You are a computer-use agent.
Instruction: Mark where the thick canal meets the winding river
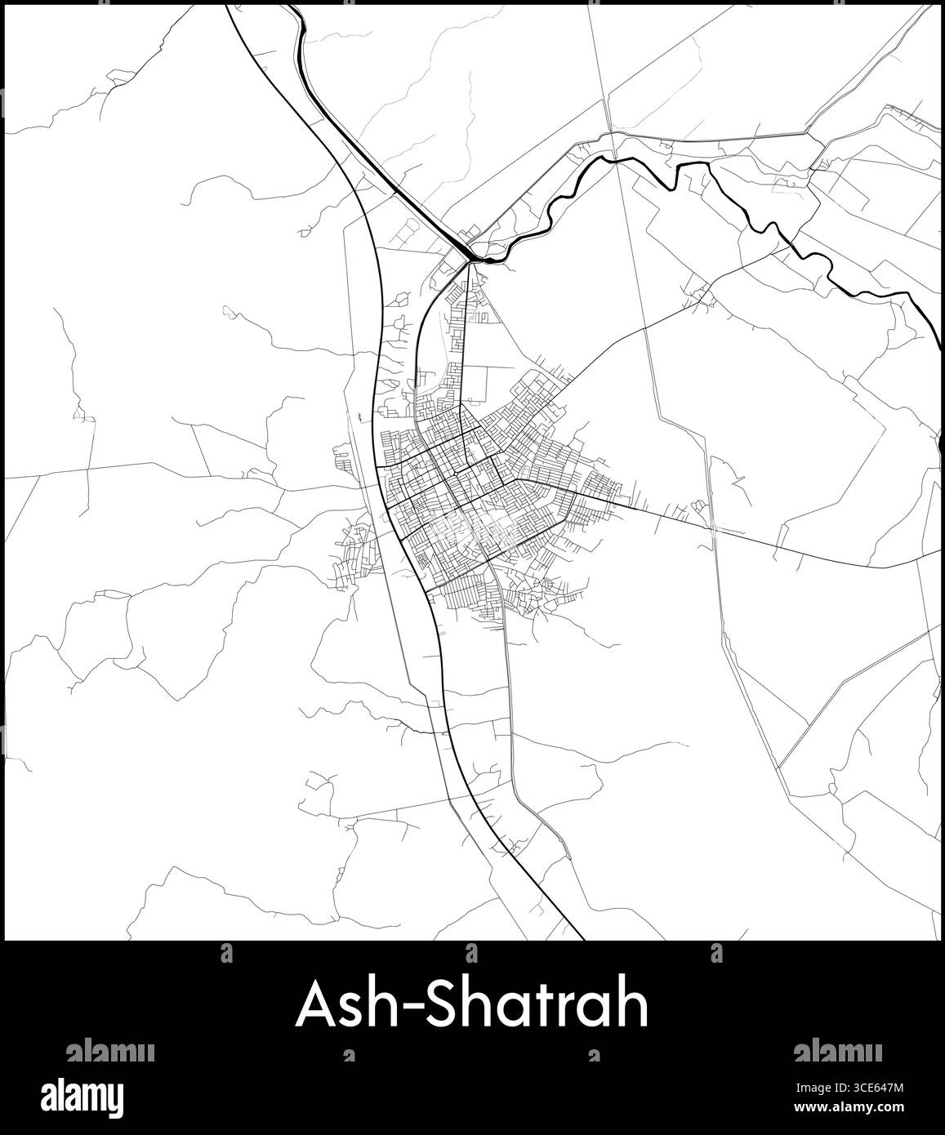475,259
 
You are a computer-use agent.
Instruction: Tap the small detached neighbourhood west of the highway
358,555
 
